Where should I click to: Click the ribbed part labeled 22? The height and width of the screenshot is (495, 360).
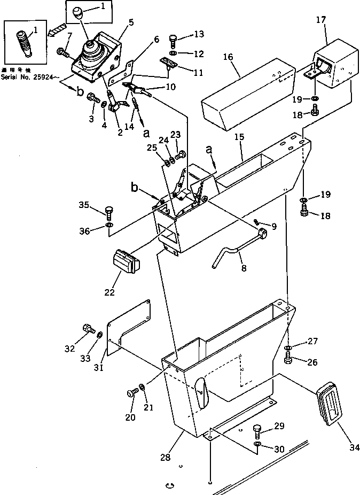[126, 264]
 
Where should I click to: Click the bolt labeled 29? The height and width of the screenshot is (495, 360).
[257, 431]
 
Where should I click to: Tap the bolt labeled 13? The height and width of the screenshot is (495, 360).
[174, 40]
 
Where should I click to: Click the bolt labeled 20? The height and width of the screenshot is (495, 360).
[131, 393]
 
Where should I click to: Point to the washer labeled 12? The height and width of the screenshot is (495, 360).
[174, 55]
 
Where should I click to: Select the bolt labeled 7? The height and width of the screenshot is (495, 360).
[61, 52]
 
